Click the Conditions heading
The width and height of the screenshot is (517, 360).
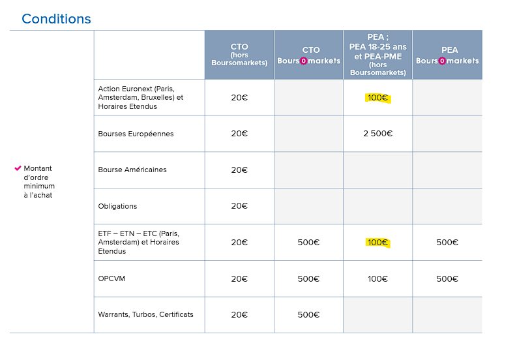[x=56, y=19]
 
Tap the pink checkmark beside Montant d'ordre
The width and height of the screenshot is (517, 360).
[x=18, y=168]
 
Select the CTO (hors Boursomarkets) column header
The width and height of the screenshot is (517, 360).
[x=239, y=55]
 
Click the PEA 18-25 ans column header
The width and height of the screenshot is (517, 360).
[x=377, y=55]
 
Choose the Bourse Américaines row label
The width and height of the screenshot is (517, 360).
[x=132, y=170]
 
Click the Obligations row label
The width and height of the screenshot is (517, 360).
[x=117, y=206]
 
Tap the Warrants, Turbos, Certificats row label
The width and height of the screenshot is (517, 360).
[x=145, y=314]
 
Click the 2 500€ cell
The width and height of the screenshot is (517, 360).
[x=377, y=134]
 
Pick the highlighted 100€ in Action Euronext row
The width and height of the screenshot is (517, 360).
[x=377, y=98]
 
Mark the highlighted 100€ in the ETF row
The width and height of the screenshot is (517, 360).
[x=377, y=243]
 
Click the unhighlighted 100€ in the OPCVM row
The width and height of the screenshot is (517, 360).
[x=377, y=278]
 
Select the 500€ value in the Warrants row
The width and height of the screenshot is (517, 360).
[x=308, y=314]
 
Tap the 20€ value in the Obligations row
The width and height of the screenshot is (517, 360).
[x=239, y=206]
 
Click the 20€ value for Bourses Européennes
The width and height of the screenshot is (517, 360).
[x=239, y=134]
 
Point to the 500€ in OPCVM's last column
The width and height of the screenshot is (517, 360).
[x=447, y=278]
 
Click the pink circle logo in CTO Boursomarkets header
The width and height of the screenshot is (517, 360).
[x=303, y=61]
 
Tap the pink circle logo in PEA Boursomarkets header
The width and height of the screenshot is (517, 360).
[x=442, y=61]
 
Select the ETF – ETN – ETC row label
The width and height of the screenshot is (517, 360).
[x=138, y=242]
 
